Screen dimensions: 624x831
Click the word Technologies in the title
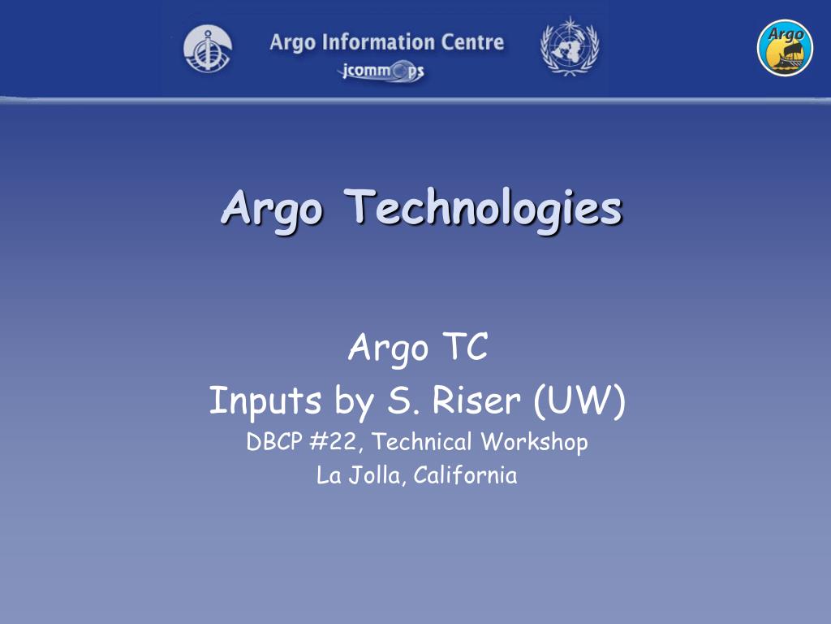click(484, 208)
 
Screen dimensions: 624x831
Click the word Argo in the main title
click(272, 208)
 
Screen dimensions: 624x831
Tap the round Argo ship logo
click(785, 48)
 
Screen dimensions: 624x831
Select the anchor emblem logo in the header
click(208, 48)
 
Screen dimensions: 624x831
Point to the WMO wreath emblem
click(569, 46)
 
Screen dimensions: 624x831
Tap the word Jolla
click(377, 475)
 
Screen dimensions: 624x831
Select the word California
click(465, 475)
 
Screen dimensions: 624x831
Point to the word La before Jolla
click(329, 475)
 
